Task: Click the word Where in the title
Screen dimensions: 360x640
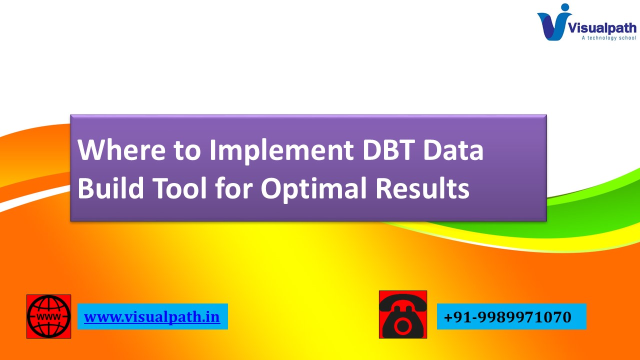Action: (x=122, y=150)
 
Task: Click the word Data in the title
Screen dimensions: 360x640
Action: (x=455, y=150)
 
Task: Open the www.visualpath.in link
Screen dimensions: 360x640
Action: (x=152, y=317)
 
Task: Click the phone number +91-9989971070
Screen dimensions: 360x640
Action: (x=507, y=317)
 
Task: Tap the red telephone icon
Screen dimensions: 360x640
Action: (x=403, y=314)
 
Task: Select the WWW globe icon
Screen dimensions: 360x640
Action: (x=48, y=316)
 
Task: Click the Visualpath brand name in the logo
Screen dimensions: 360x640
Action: (x=601, y=27)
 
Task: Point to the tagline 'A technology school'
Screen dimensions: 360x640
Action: (x=608, y=38)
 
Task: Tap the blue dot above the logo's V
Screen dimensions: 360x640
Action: (x=565, y=7)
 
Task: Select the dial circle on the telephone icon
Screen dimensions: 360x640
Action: (x=402, y=326)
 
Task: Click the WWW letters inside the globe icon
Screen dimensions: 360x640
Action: (x=48, y=317)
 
